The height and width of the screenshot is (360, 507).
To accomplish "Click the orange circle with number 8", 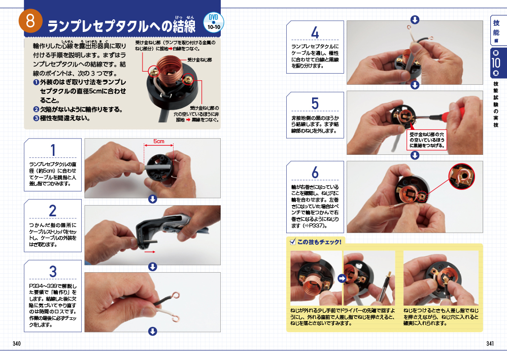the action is (30, 21).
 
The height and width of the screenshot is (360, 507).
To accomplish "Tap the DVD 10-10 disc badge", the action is (213, 22).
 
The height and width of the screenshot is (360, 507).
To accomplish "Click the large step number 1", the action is (53, 150).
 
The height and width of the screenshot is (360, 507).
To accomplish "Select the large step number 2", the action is (53, 211).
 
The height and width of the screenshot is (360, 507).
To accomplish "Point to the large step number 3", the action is (53, 272).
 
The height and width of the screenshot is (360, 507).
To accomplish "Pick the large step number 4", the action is (315, 32).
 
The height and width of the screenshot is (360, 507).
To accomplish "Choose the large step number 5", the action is (315, 104).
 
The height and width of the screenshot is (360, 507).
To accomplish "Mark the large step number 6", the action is (315, 173).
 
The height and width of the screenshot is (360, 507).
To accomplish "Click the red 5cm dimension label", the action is (159, 141).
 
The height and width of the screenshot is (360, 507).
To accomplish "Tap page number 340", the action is (17, 344).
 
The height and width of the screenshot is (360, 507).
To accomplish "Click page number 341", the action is (490, 344).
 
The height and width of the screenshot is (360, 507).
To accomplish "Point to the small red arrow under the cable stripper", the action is (150, 252).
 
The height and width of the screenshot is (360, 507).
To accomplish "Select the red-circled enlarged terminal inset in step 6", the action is (462, 176).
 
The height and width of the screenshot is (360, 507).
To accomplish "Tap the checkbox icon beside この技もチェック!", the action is (293, 242).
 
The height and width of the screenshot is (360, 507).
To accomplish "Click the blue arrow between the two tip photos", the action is (342, 278).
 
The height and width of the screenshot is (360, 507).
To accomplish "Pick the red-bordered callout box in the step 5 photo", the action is (427, 140).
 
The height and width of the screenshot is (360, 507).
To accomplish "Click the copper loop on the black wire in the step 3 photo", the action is (176, 296).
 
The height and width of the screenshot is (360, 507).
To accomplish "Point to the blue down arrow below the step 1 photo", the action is (153, 199).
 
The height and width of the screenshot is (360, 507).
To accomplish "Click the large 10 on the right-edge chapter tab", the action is (496, 63).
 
